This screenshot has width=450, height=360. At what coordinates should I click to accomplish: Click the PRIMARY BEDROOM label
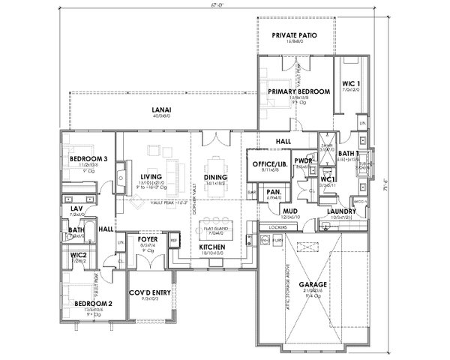pos(298,91)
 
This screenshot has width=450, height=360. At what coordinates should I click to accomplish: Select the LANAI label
pos(162,110)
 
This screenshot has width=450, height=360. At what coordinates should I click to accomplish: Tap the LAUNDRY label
pos(342,211)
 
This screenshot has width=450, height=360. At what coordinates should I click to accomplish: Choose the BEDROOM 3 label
pos(88,159)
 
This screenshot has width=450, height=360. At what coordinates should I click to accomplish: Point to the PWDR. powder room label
pos(304,160)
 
